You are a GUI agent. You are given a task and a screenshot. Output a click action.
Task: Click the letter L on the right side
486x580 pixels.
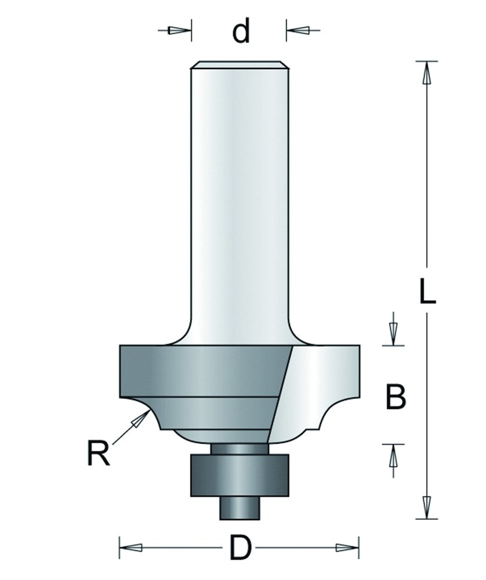click(x=427, y=291)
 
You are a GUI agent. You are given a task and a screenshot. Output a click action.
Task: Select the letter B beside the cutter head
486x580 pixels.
click(x=396, y=397)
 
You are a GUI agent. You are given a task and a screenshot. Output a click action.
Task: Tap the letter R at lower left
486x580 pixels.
click(x=99, y=454)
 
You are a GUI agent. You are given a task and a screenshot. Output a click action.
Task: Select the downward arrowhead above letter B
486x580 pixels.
click(x=393, y=332)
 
